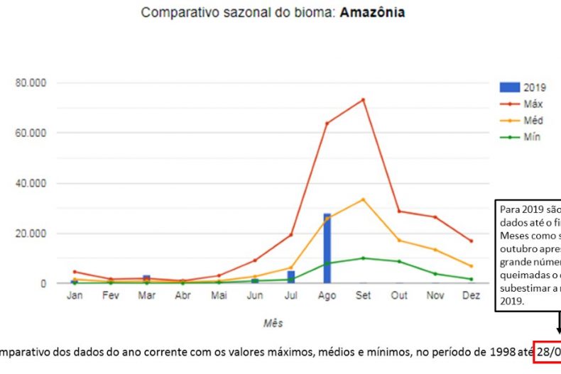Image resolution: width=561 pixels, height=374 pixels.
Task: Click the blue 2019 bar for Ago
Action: coord(327,248)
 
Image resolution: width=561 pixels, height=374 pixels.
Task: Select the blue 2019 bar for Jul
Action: coord(291,277)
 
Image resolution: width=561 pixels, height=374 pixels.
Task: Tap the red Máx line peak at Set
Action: coord(363,99)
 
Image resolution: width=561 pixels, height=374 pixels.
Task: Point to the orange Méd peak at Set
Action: coord(363,199)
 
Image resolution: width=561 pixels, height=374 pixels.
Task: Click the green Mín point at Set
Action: coord(363,258)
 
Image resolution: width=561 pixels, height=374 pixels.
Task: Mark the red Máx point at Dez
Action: coord(471,241)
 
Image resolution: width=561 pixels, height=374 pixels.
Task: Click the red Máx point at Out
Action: coord(399,211)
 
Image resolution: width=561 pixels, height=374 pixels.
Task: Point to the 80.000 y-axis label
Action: coord(31,83)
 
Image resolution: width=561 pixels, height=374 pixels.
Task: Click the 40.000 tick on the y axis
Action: coord(31,183)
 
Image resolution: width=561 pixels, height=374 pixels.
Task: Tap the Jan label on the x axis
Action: coord(75,296)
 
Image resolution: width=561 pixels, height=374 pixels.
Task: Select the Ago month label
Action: coord(327,296)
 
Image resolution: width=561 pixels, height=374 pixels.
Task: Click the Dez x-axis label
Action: coord(471,296)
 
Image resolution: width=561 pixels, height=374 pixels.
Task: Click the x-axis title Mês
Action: coord(273,324)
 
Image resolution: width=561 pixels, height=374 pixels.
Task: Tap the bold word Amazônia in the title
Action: coord(373,13)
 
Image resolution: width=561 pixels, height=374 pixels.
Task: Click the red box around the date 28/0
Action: coord(548,351)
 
